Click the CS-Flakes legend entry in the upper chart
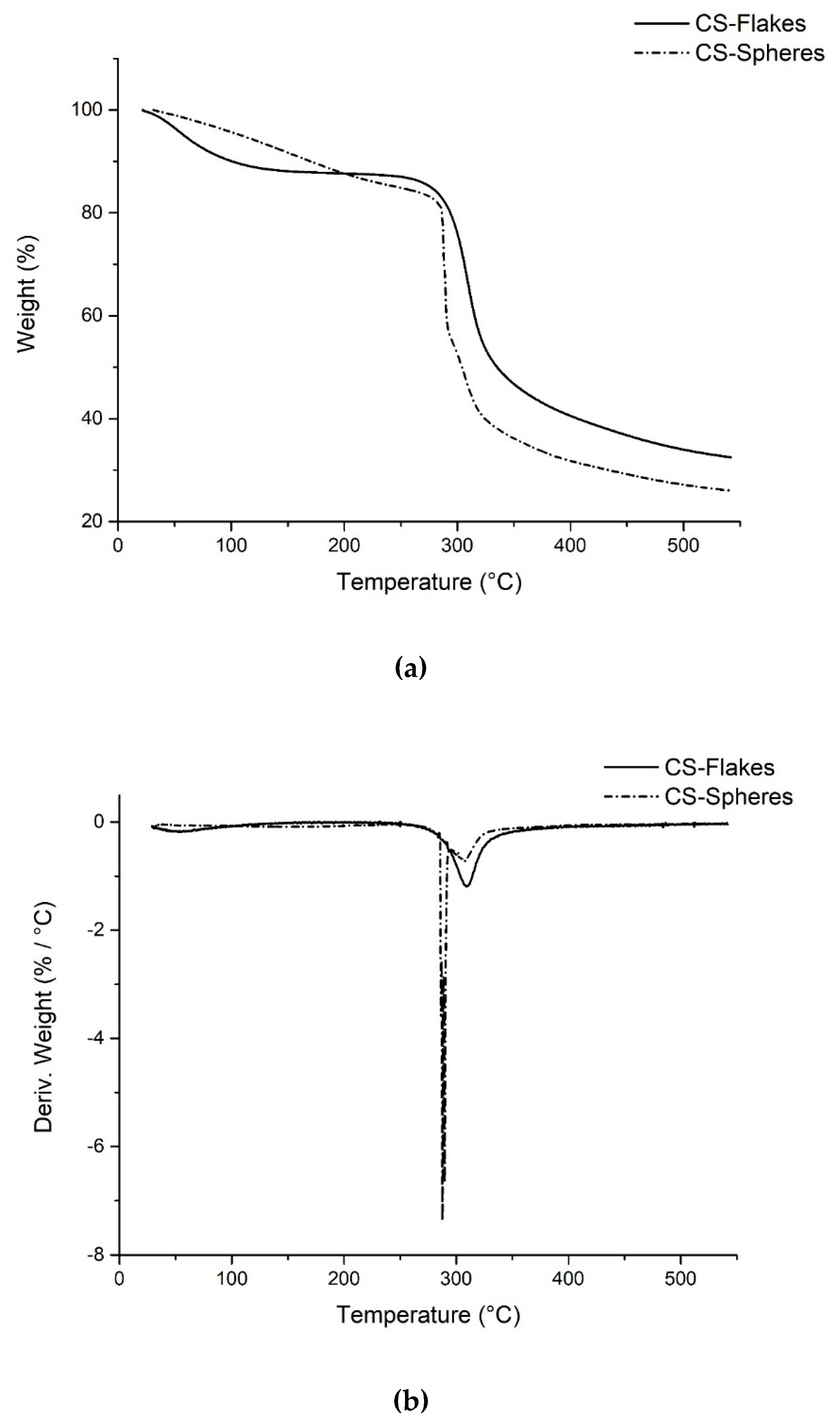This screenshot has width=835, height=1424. click(x=750, y=24)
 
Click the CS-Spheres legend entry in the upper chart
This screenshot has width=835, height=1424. click(x=759, y=53)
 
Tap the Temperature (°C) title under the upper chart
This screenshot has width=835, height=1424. click(x=429, y=582)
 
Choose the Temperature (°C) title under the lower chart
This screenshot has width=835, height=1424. click(x=428, y=1315)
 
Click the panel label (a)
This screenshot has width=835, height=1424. click(x=411, y=668)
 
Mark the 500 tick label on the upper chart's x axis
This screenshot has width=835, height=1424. click(x=683, y=546)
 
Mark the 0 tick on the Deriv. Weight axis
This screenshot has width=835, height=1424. click(x=100, y=822)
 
